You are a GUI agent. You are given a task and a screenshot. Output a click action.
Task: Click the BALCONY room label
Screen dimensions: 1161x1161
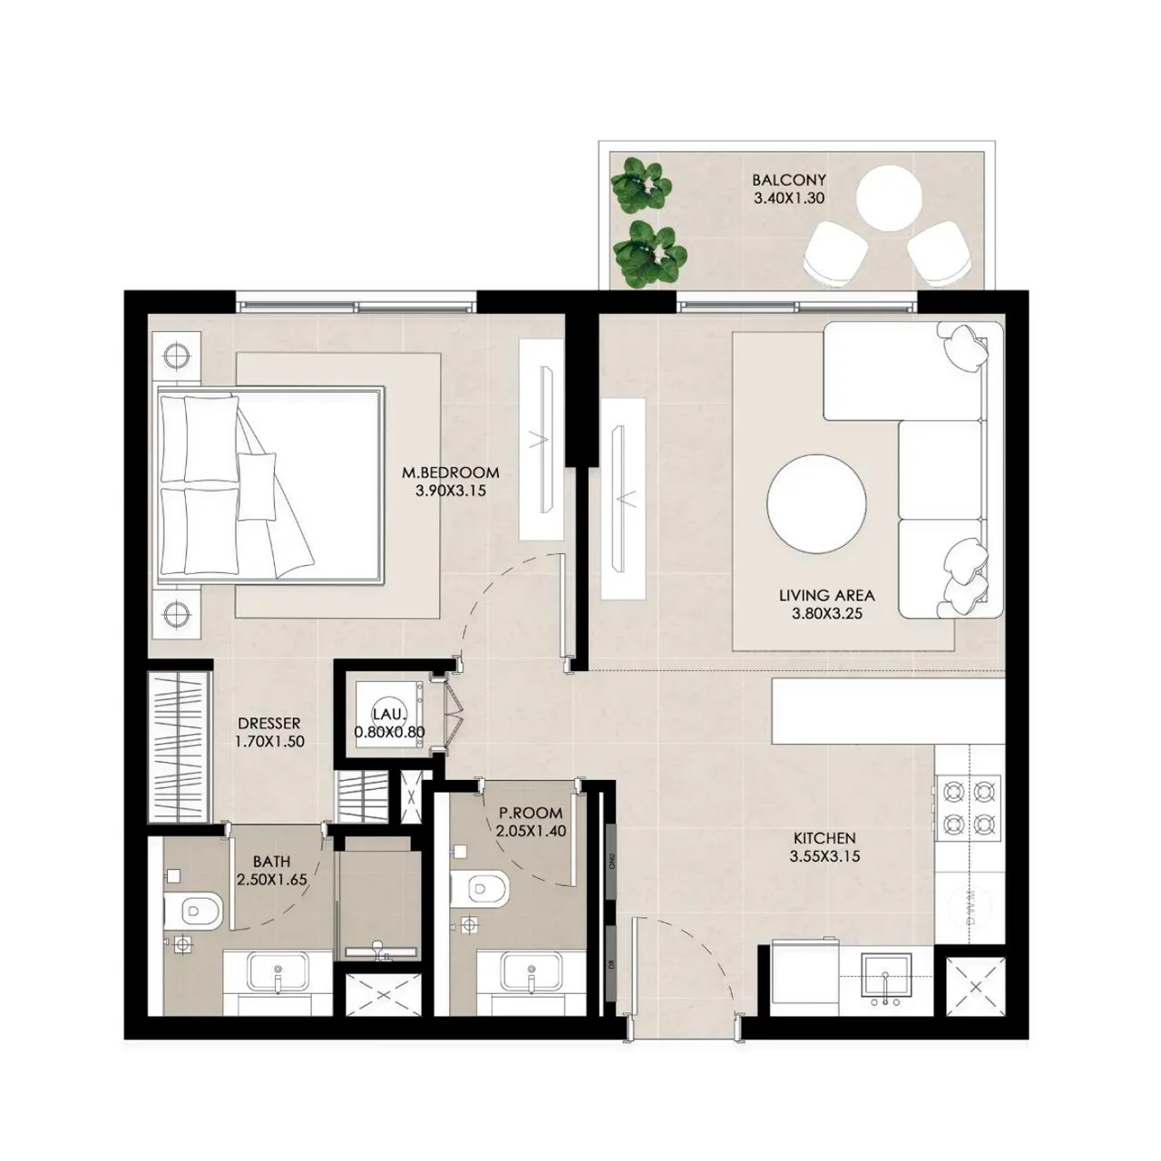click(x=788, y=180)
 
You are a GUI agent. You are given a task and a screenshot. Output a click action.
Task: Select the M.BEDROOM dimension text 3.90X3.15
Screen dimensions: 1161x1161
click(x=451, y=491)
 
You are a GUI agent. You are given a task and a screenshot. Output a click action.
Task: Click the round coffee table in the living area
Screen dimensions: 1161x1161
click(x=815, y=502)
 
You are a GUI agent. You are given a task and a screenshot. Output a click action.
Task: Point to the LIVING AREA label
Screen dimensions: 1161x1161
click(x=826, y=596)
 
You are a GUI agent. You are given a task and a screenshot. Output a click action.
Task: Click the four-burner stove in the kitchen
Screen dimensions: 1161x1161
click(x=969, y=805)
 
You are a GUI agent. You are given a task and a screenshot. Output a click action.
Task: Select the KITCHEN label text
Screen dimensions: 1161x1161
click(x=824, y=839)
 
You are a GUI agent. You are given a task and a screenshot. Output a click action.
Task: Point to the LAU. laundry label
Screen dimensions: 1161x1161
click(x=389, y=715)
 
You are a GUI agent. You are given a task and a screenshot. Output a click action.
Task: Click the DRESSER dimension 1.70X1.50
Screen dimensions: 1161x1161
click(x=269, y=741)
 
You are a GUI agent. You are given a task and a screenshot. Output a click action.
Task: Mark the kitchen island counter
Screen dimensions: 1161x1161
click(x=887, y=710)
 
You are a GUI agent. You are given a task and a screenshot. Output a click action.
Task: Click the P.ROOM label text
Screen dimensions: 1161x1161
click(x=531, y=814)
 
